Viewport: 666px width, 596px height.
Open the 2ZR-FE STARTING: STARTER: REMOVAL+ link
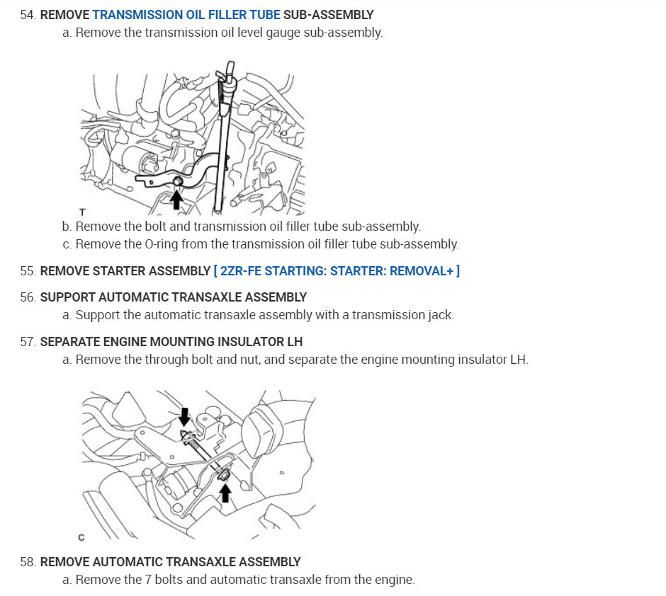337,271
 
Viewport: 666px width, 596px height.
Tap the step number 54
28,14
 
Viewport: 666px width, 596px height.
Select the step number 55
28,271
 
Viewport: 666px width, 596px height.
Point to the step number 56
28,297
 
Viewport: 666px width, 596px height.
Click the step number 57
28,342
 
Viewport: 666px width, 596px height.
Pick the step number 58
28,562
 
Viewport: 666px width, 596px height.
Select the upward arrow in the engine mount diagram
225,491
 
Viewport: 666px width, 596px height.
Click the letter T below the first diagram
83,212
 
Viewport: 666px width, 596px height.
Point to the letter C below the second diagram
81,538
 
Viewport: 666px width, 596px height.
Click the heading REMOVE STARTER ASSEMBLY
125,271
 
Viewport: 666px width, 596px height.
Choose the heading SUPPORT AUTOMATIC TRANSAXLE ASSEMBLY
174,297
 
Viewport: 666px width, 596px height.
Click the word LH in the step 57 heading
294,342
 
